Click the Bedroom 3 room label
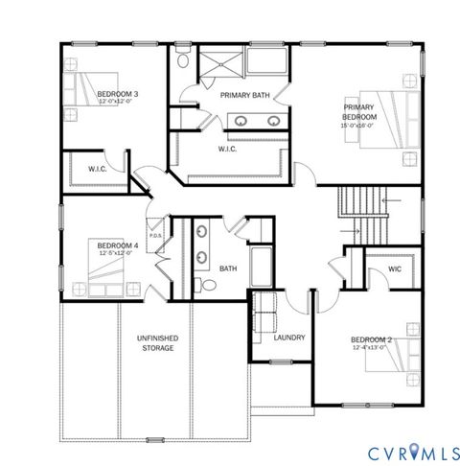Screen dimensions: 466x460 [118, 94]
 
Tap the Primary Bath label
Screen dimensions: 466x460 [241, 95]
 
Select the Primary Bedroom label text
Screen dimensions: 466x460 [360, 112]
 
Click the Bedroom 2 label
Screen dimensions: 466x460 [371, 340]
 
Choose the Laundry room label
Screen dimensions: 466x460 [288, 338]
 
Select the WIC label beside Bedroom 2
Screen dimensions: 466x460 [394, 269]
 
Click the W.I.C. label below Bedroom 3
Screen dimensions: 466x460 [97, 170]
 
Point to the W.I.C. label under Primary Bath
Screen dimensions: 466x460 [227, 149]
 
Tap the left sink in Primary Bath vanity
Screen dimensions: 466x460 [241, 121]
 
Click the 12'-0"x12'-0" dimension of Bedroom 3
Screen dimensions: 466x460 [118, 103]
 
